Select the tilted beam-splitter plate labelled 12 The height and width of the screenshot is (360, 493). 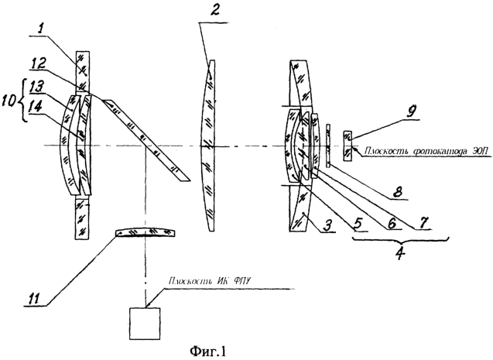147,139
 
